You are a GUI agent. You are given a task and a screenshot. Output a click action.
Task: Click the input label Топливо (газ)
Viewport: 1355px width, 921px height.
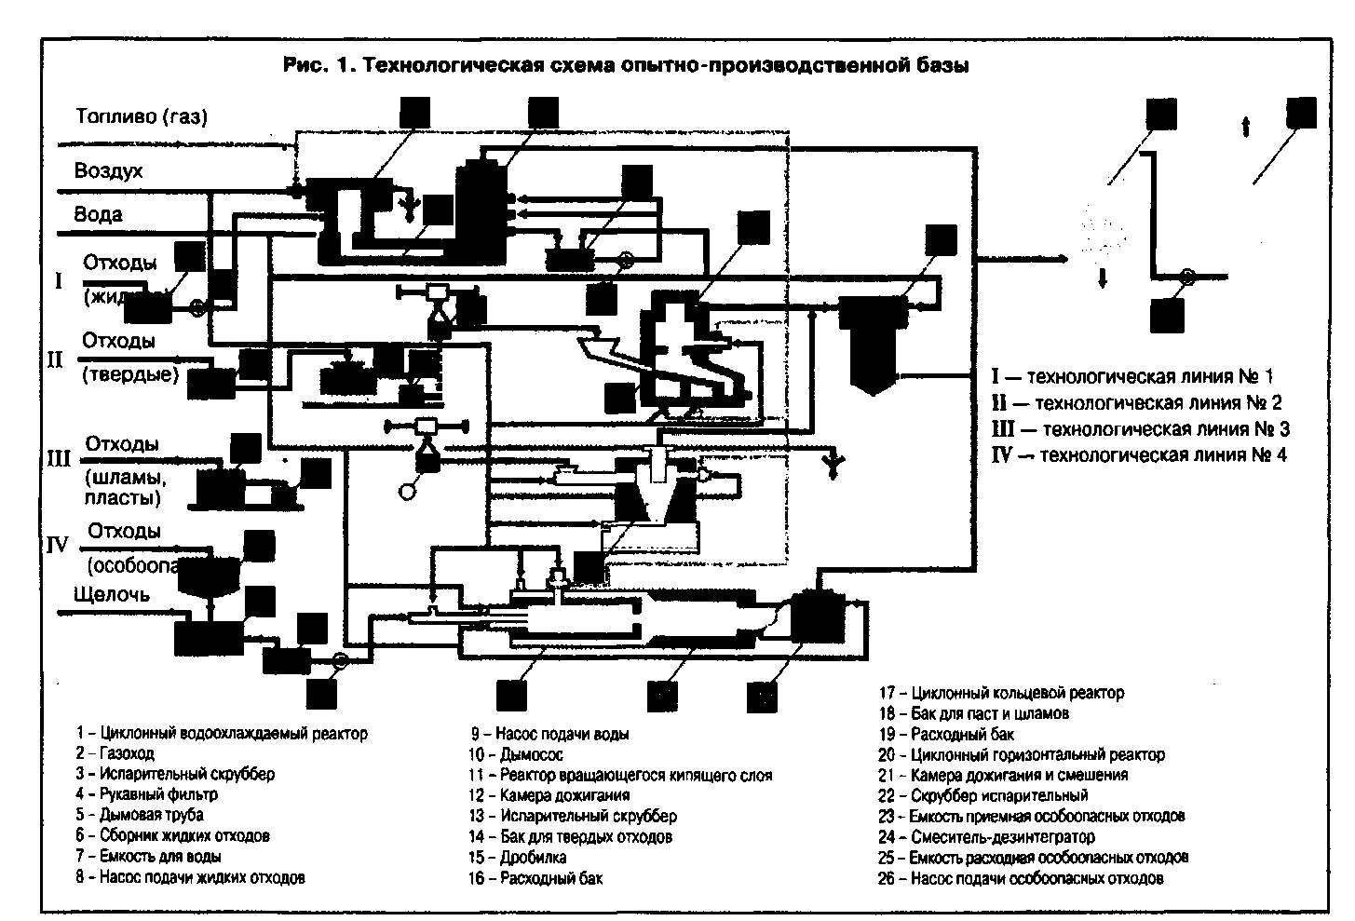[141, 117]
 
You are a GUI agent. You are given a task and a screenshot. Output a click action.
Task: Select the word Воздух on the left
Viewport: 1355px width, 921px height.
[109, 171]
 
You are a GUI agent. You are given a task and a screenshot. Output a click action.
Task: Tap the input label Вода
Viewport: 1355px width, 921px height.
[99, 214]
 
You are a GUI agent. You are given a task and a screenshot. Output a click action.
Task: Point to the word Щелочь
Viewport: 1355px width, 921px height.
[111, 595]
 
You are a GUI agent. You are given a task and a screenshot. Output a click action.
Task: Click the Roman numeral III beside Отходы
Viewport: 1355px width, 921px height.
[59, 458]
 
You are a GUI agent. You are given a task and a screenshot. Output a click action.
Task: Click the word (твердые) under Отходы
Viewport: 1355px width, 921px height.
[131, 374]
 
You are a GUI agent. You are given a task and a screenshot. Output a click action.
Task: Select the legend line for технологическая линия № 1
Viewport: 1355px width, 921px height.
[1131, 376]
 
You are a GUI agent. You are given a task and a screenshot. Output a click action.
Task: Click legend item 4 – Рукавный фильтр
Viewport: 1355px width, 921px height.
[147, 794]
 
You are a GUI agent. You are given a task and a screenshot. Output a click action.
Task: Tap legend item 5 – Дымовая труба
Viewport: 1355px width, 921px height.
[140, 815]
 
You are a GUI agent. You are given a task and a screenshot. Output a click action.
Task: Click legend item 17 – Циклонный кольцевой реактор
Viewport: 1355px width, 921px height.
[1001, 693]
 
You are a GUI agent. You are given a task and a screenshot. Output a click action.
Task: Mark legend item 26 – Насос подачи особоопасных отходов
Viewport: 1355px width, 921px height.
[1020, 878]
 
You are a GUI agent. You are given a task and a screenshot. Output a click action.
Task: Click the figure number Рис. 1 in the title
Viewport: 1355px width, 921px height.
[317, 65]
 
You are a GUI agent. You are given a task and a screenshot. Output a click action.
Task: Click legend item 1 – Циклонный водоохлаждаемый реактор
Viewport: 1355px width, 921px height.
[223, 733]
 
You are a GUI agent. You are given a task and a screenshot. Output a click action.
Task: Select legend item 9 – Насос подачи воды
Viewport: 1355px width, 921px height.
[549, 734]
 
